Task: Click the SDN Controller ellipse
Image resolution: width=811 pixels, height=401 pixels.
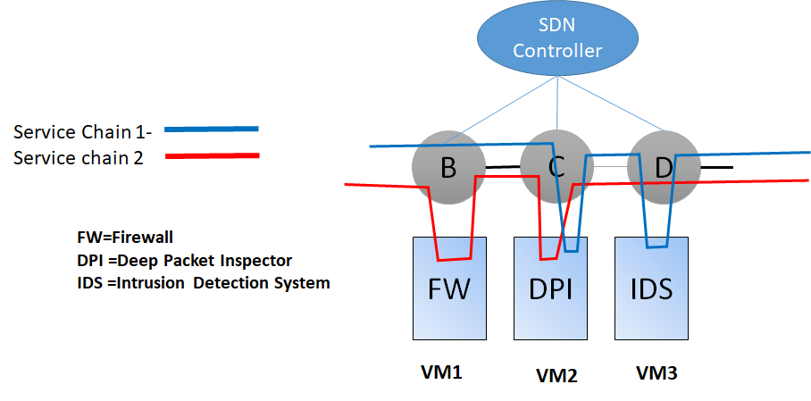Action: click(557, 40)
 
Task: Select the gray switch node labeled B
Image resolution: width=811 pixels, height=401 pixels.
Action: click(447, 168)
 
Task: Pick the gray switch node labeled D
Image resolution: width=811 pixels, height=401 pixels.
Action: click(663, 168)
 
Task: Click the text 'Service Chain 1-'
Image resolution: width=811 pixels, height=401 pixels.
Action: click(83, 133)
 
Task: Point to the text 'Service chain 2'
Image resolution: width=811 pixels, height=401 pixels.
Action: click(79, 158)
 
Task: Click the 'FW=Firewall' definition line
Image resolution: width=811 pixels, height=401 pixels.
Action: click(124, 238)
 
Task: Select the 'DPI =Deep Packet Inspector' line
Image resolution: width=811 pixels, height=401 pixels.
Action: click(184, 260)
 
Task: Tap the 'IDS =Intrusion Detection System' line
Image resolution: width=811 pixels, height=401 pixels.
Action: click(203, 283)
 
